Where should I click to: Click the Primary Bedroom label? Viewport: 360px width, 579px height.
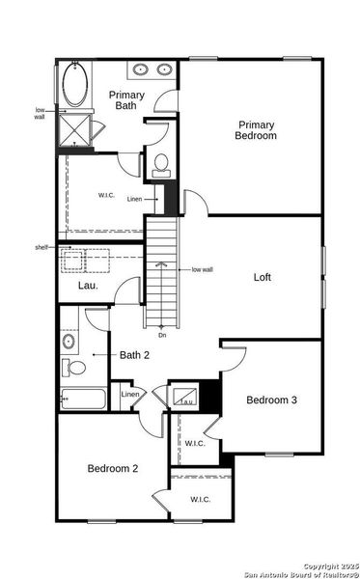click(256, 130)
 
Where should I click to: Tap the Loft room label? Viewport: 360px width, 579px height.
click(263, 277)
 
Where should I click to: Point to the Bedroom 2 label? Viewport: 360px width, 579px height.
click(113, 469)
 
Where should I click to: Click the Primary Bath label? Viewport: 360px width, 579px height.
click(126, 100)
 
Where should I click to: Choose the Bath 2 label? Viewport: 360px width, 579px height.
click(133, 355)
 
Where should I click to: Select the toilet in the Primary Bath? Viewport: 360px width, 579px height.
click(161, 163)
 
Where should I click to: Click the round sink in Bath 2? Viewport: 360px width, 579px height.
click(69, 342)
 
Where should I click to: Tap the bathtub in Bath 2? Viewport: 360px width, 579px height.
click(81, 398)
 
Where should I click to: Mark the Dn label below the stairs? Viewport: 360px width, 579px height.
click(162, 335)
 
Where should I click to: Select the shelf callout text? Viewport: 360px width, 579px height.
click(41, 248)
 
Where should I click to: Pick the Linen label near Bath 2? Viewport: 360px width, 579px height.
click(129, 395)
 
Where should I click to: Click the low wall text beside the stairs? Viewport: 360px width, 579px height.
click(203, 269)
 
